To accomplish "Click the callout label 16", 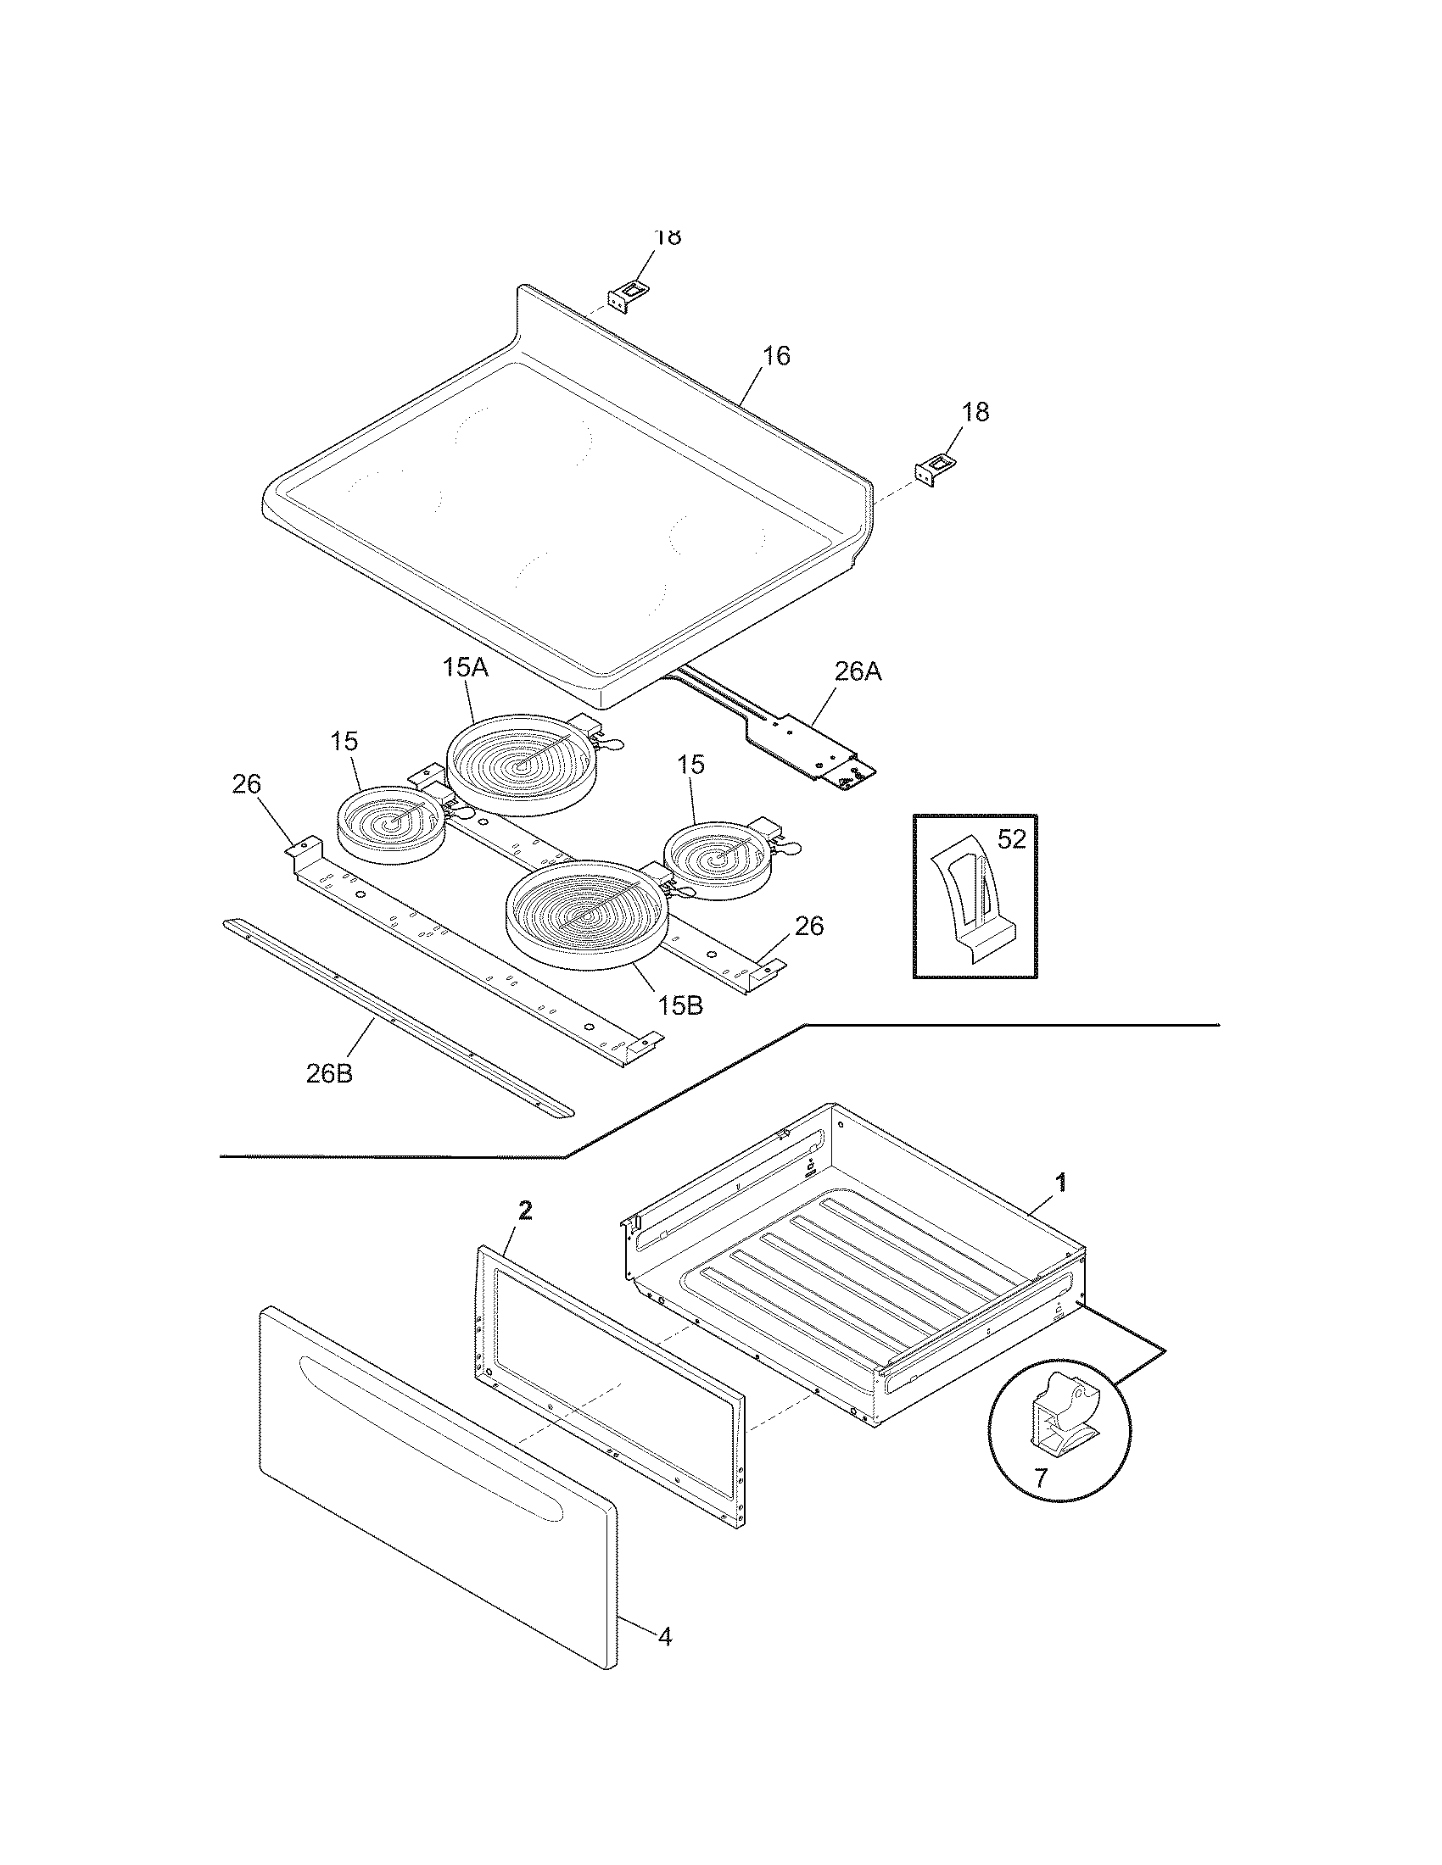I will pyautogui.click(x=775, y=356).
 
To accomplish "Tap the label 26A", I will pyautogui.click(x=857, y=672).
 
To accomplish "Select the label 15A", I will pyautogui.click(x=466, y=668).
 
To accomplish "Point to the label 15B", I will pyautogui.click(x=680, y=1006).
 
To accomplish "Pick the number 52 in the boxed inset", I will pyautogui.click(x=1010, y=839).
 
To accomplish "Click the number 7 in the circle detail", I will pyautogui.click(x=1040, y=1478).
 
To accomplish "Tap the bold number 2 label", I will pyautogui.click(x=525, y=1209).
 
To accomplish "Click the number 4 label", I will pyautogui.click(x=665, y=1637).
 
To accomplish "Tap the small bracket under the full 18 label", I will pyautogui.click(x=936, y=468).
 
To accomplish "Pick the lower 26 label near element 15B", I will pyautogui.click(x=809, y=926).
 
